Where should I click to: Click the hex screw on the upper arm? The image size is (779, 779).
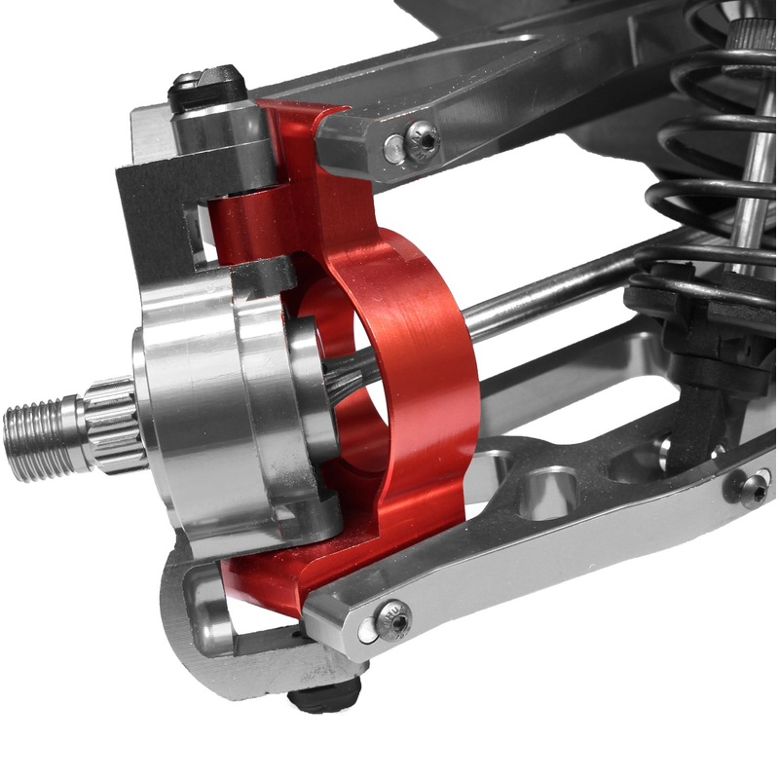point(423,141)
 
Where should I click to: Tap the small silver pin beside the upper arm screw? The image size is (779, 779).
point(393,148)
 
